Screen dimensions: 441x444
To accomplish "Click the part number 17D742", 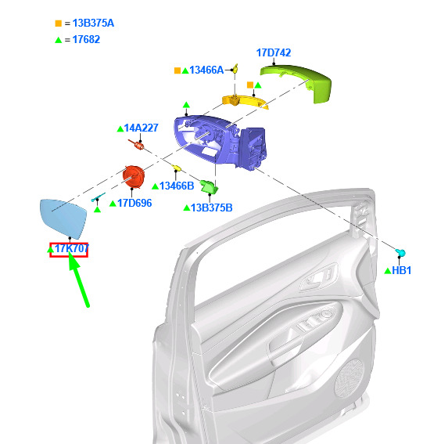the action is [274, 52].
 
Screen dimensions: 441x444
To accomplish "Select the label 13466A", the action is [206, 70].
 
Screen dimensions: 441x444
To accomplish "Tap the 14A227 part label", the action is [141, 128].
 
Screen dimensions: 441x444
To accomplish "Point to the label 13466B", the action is [177, 186].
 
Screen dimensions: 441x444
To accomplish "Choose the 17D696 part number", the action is [134, 203].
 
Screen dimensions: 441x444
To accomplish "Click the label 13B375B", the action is [211, 208].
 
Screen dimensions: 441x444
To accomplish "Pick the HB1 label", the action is [401, 270].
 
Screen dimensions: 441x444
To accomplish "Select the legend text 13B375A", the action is [93, 23].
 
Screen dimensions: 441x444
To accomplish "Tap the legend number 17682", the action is [86, 39].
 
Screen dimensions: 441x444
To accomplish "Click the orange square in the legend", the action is [58, 23].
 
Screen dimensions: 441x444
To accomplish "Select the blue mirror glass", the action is [63, 218].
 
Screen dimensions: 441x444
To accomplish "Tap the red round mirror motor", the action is [134, 177].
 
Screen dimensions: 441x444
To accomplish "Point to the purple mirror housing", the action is [220, 142].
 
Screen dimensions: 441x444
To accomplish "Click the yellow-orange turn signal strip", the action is [245, 101].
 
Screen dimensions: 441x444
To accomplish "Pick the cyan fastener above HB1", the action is [400, 252].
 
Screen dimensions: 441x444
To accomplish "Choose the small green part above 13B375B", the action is [210, 186].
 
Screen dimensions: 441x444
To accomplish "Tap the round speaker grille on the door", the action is [349, 377].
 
